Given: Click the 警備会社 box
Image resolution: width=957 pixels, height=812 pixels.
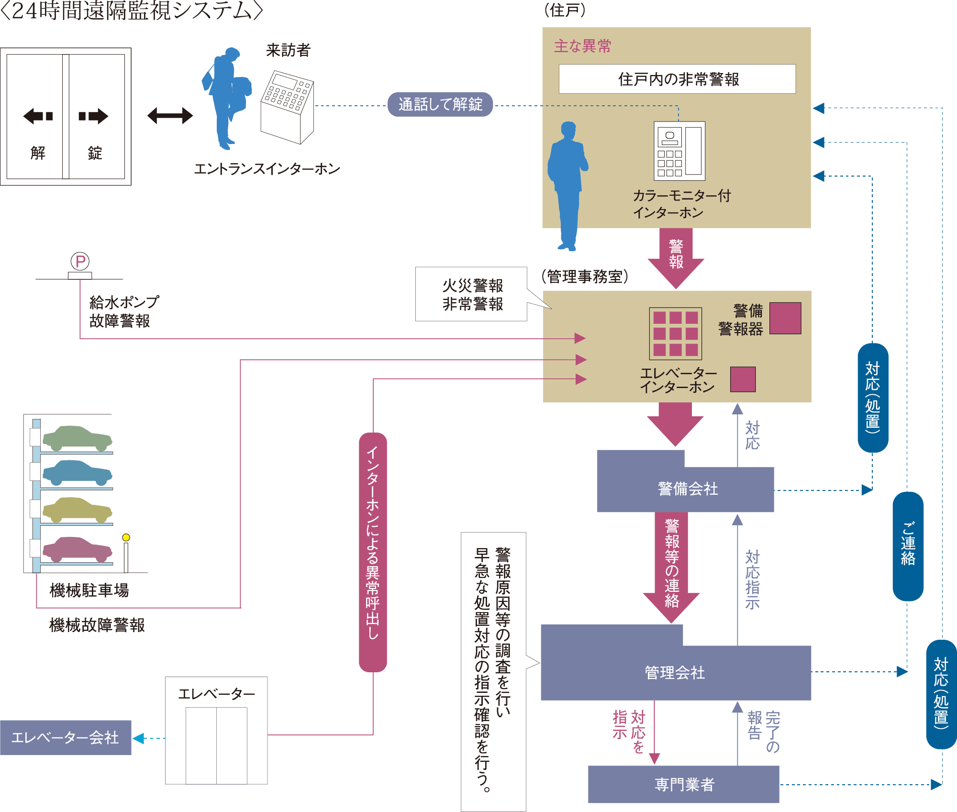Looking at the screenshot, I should [687, 489].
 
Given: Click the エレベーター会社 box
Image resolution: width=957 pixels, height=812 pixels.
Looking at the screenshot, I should [65, 737].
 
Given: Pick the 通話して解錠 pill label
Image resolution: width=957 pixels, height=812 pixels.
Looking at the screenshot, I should [440, 104].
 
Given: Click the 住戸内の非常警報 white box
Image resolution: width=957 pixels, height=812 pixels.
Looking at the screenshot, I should [677, 79].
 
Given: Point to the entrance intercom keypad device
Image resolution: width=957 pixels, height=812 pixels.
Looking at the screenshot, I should [287, 106].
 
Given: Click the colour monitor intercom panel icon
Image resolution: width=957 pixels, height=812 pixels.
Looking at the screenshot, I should [679, 151].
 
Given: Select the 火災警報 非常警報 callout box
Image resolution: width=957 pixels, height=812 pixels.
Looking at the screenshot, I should [471, 294].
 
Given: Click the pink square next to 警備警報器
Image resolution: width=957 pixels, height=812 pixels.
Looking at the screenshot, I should [785, 318].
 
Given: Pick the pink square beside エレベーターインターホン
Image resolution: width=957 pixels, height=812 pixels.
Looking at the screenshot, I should [743, 379].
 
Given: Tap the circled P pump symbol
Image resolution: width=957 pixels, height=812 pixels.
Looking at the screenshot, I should [80, 261].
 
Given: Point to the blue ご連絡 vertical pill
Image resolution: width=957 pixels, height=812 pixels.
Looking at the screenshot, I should [908, 546].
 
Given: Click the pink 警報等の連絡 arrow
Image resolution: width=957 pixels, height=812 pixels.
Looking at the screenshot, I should [671, 565].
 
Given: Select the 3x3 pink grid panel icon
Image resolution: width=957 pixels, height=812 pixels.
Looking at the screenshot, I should [675, 334].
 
